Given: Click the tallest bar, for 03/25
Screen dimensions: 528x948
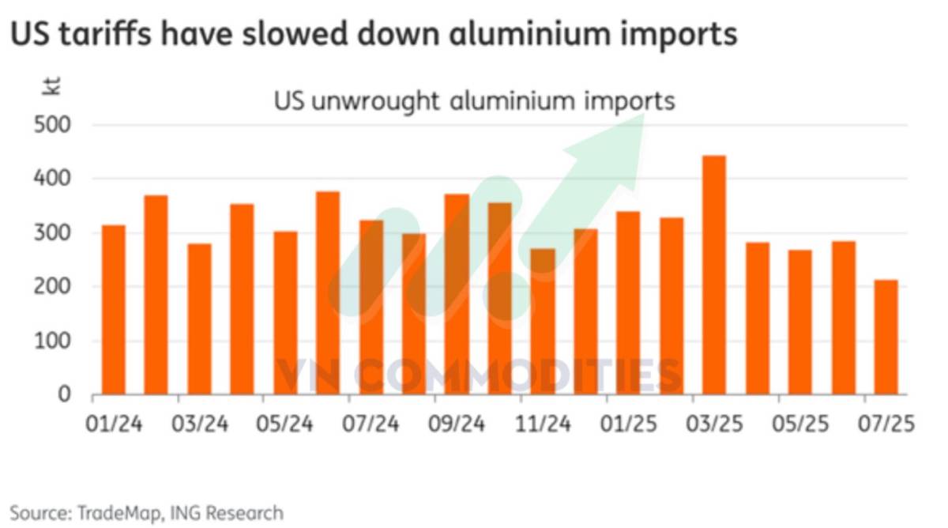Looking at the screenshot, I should pos(714,275).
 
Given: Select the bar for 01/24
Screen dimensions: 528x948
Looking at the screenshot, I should pos(114,310).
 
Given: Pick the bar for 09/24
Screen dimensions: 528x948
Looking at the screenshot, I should pos(457,294).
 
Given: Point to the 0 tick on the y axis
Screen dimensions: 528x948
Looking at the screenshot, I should pos(66,394).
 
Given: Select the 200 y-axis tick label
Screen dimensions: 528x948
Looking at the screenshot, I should pos(54,288).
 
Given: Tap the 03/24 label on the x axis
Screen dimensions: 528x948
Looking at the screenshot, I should pos(199,424).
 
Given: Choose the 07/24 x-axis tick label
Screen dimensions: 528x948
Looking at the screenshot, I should pos(371,424).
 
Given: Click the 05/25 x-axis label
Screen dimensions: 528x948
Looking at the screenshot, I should pos(799,424).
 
